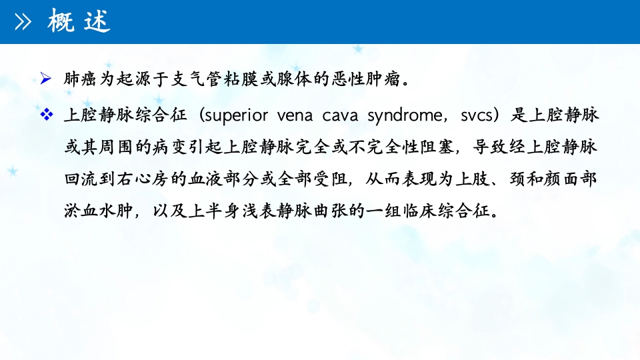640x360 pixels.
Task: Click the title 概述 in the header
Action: click(x=78, y=22)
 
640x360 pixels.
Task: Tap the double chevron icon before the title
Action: click(x=24, y=23)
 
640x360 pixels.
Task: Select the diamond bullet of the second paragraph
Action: click(x=46, y=115)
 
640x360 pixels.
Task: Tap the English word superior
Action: click(x=238, y=115)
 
